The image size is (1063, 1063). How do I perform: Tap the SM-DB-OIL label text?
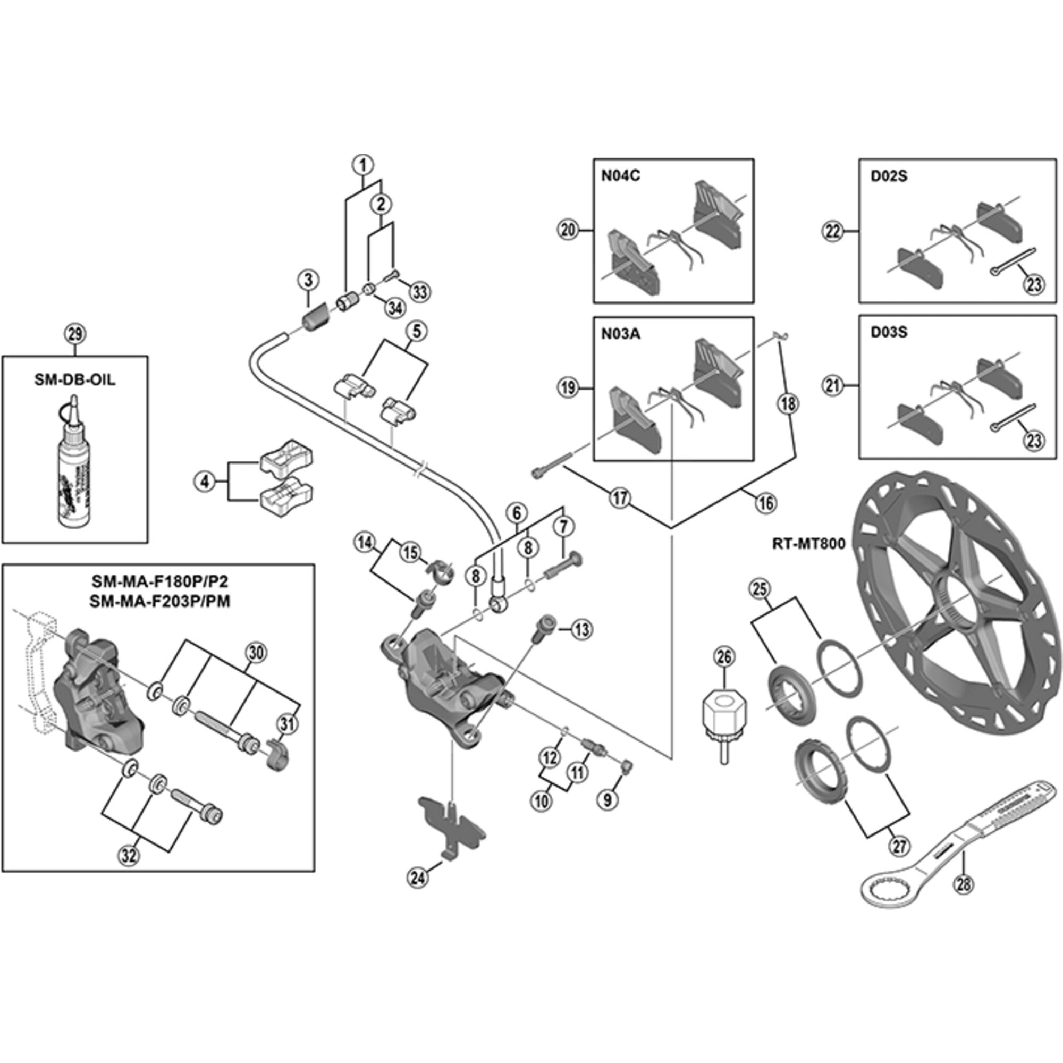point(75,379)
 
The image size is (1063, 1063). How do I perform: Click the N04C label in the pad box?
point(620,176)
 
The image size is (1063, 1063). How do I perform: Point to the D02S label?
point(889,176)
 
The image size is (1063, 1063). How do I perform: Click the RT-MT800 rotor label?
point(808,544)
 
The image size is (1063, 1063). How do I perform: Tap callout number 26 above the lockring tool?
point(724,656)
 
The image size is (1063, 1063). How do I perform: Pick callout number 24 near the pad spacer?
point(418,876)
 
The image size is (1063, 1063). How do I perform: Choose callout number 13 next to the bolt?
point(581,629)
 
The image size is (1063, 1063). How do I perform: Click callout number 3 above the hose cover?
point(308,280)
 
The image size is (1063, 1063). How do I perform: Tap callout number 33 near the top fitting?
point(419,292)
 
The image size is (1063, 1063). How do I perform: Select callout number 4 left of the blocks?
point(205,482)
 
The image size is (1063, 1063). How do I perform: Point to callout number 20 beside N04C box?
point(568,230)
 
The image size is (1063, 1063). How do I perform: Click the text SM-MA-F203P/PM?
point(159,601)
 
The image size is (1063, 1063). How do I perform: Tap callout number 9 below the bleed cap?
point(608,799)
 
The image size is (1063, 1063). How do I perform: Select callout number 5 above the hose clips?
point(416,331)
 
